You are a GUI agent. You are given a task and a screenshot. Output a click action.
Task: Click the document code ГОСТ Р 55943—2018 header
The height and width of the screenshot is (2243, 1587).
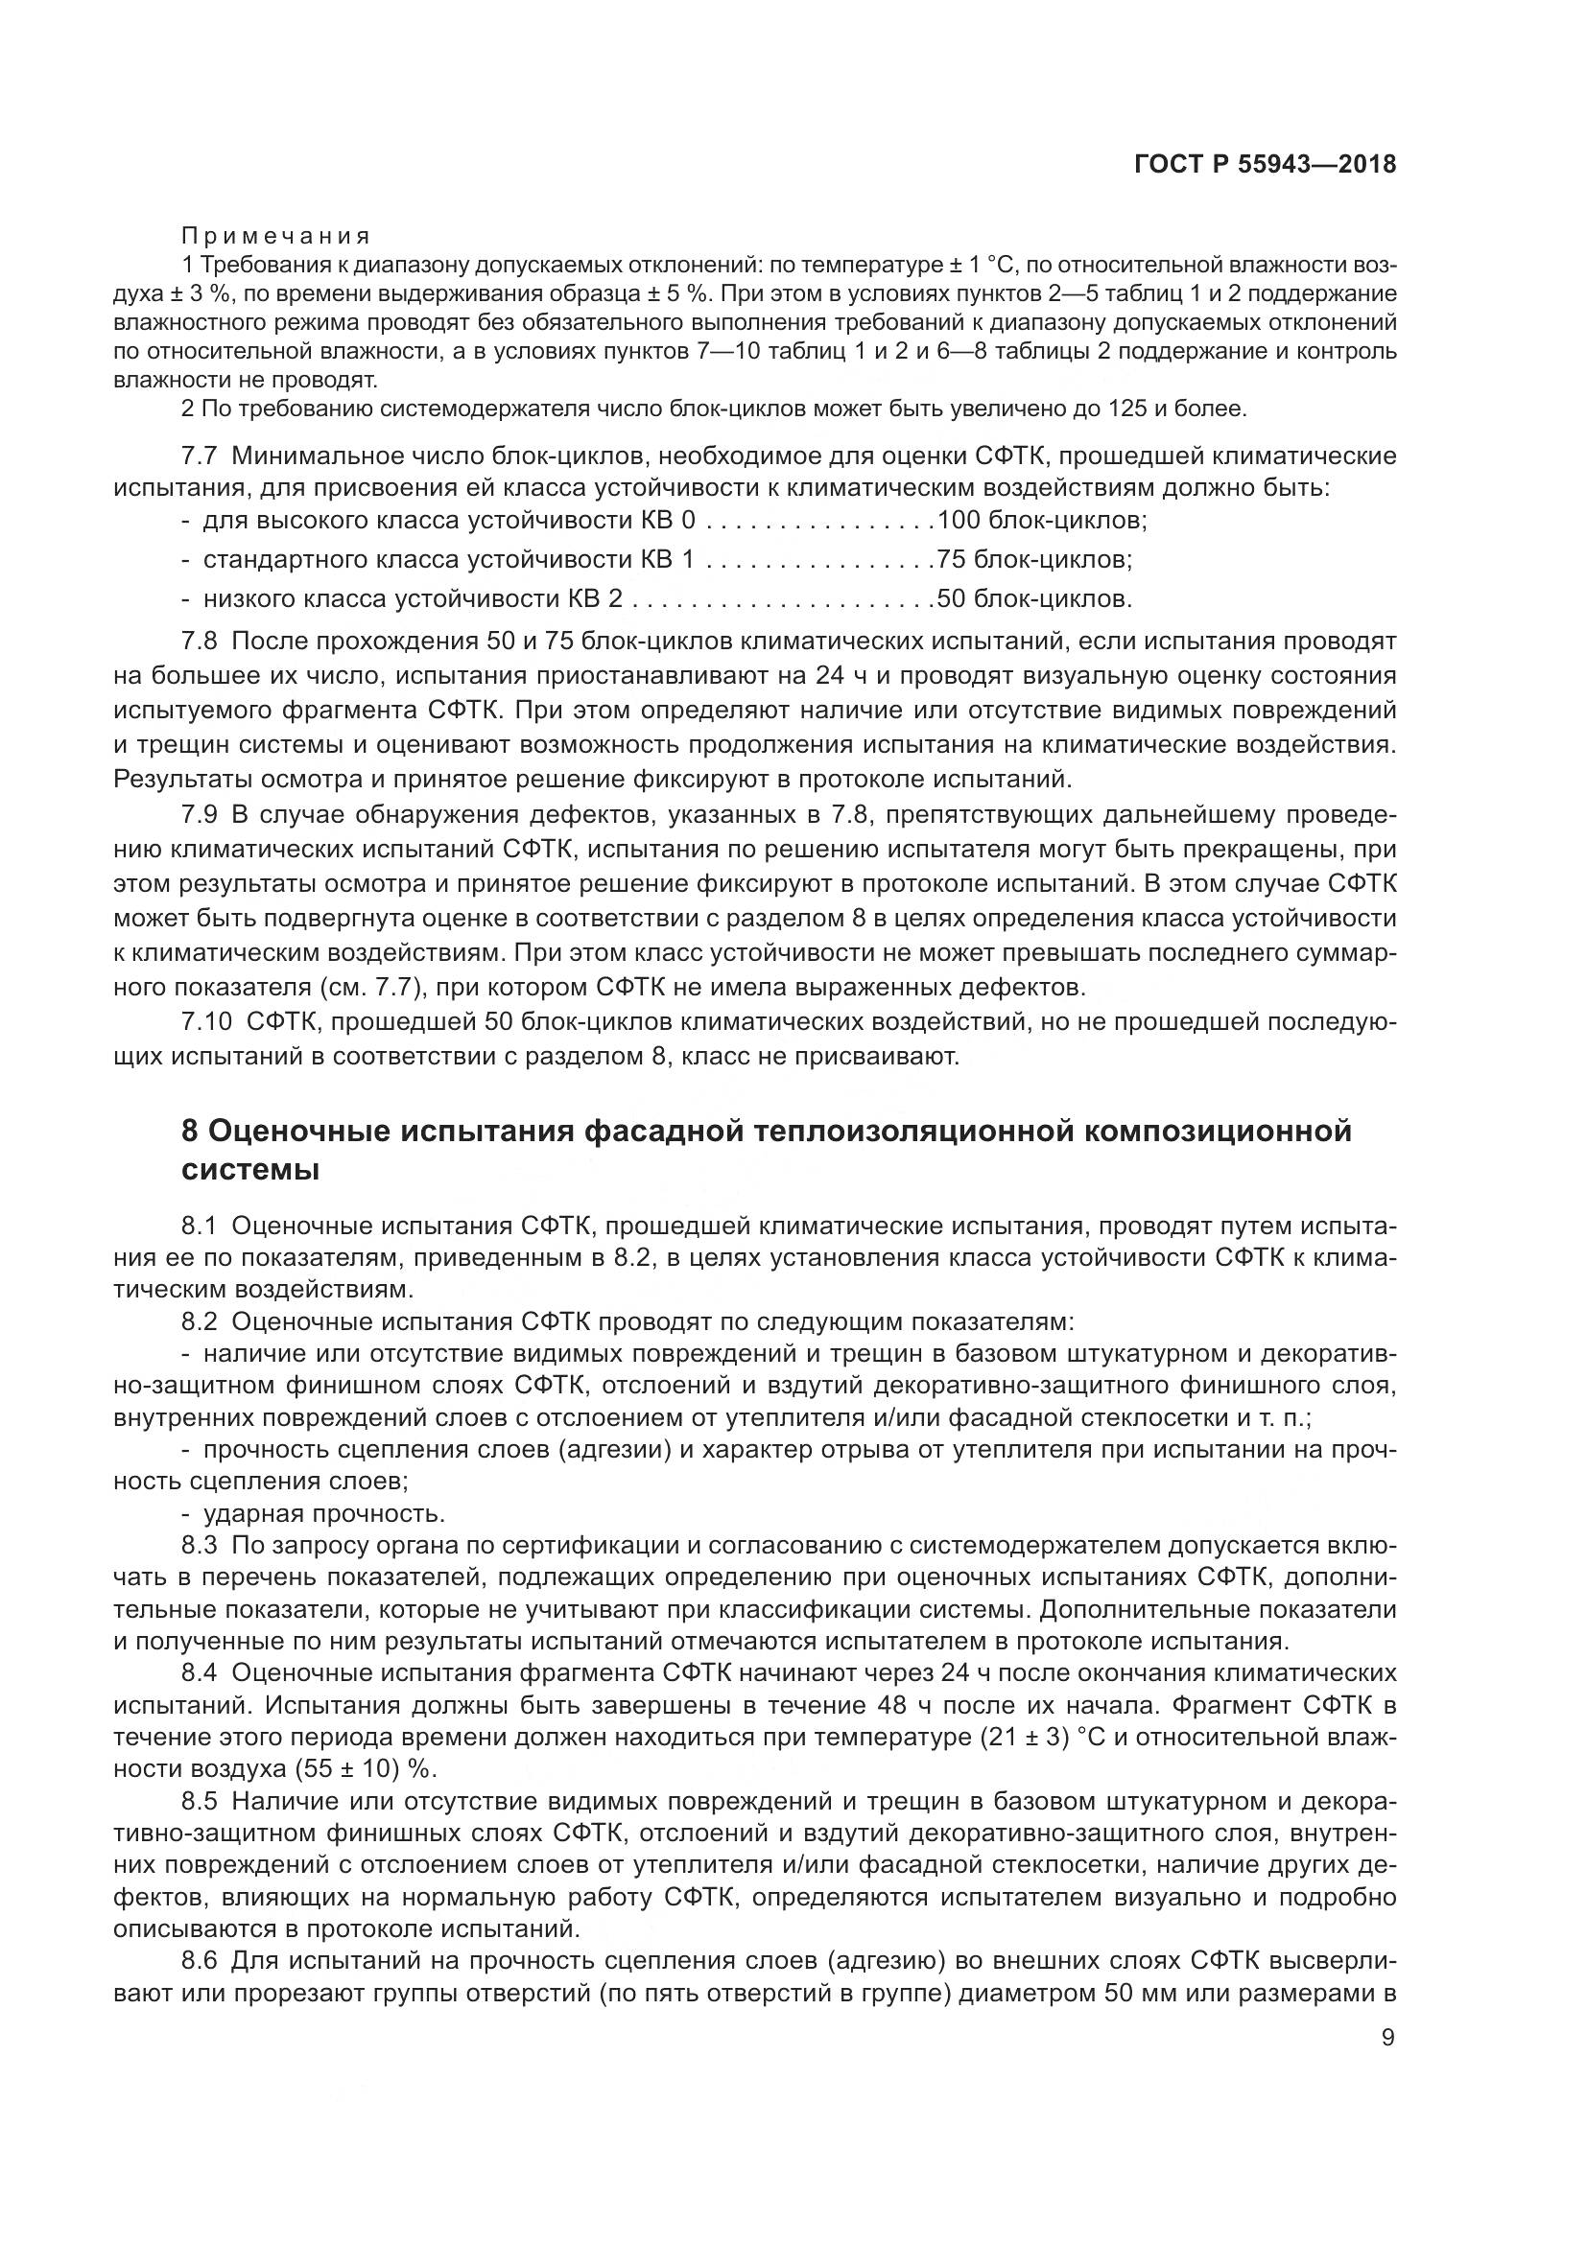1265,165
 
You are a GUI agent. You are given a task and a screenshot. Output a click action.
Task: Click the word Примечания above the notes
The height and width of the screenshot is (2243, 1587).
275,236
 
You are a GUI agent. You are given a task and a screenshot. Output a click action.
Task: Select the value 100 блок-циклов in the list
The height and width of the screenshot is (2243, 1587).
1041,520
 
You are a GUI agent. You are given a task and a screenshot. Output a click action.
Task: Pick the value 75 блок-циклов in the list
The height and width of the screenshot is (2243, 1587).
1034,560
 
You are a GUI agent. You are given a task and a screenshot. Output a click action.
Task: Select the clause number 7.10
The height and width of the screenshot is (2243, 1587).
207,1022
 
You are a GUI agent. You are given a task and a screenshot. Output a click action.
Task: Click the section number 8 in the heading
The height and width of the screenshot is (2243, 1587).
191,1132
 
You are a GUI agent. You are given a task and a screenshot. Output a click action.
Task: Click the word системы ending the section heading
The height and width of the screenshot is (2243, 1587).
251,1169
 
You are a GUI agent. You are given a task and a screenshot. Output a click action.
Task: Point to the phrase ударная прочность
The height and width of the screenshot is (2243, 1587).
323,1514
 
